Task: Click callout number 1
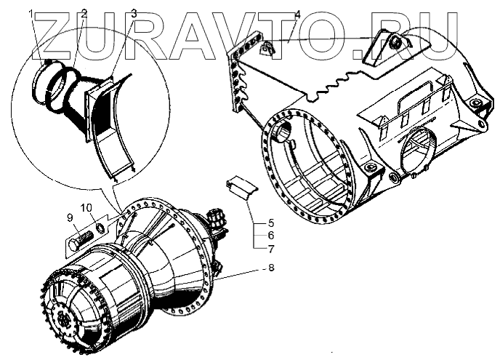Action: [31, 13]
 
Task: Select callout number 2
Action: [84, 13]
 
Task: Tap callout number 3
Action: [134, 13]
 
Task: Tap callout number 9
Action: [70, 216]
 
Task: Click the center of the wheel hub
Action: [65, 318]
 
